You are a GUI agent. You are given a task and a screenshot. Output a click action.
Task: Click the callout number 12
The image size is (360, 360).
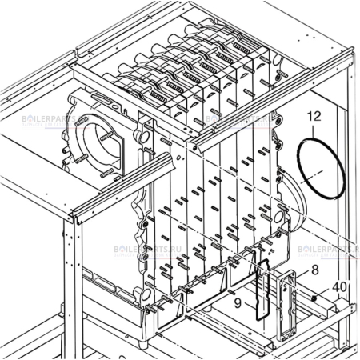pos(314,117)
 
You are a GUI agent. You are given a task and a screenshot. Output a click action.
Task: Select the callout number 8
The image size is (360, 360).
pos(314,271)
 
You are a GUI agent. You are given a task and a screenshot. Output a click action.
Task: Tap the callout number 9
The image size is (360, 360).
pos(238,303)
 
